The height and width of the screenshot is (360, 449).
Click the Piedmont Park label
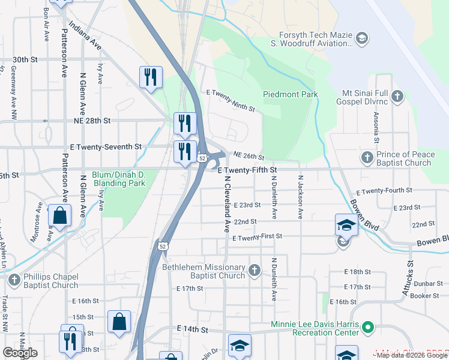[x=290, y=95]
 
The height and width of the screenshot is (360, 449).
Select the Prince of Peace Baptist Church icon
[x=367, y=158]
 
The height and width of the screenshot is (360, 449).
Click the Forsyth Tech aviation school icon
[x=361, y=40]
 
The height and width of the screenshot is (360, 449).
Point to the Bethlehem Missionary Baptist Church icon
[x=255, y=271]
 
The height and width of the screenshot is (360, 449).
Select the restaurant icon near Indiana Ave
[x=150, y=77]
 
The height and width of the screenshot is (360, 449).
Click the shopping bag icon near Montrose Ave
[x=60, y=215]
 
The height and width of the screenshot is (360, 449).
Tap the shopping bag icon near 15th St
[x=119, y=321]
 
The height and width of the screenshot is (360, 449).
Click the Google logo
[x=20, y=353]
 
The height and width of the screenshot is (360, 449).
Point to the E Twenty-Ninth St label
[x=231, y=101]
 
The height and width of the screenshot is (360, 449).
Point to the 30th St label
[x=25, y=60]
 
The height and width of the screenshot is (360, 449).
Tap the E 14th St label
[x=192, y=329]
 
